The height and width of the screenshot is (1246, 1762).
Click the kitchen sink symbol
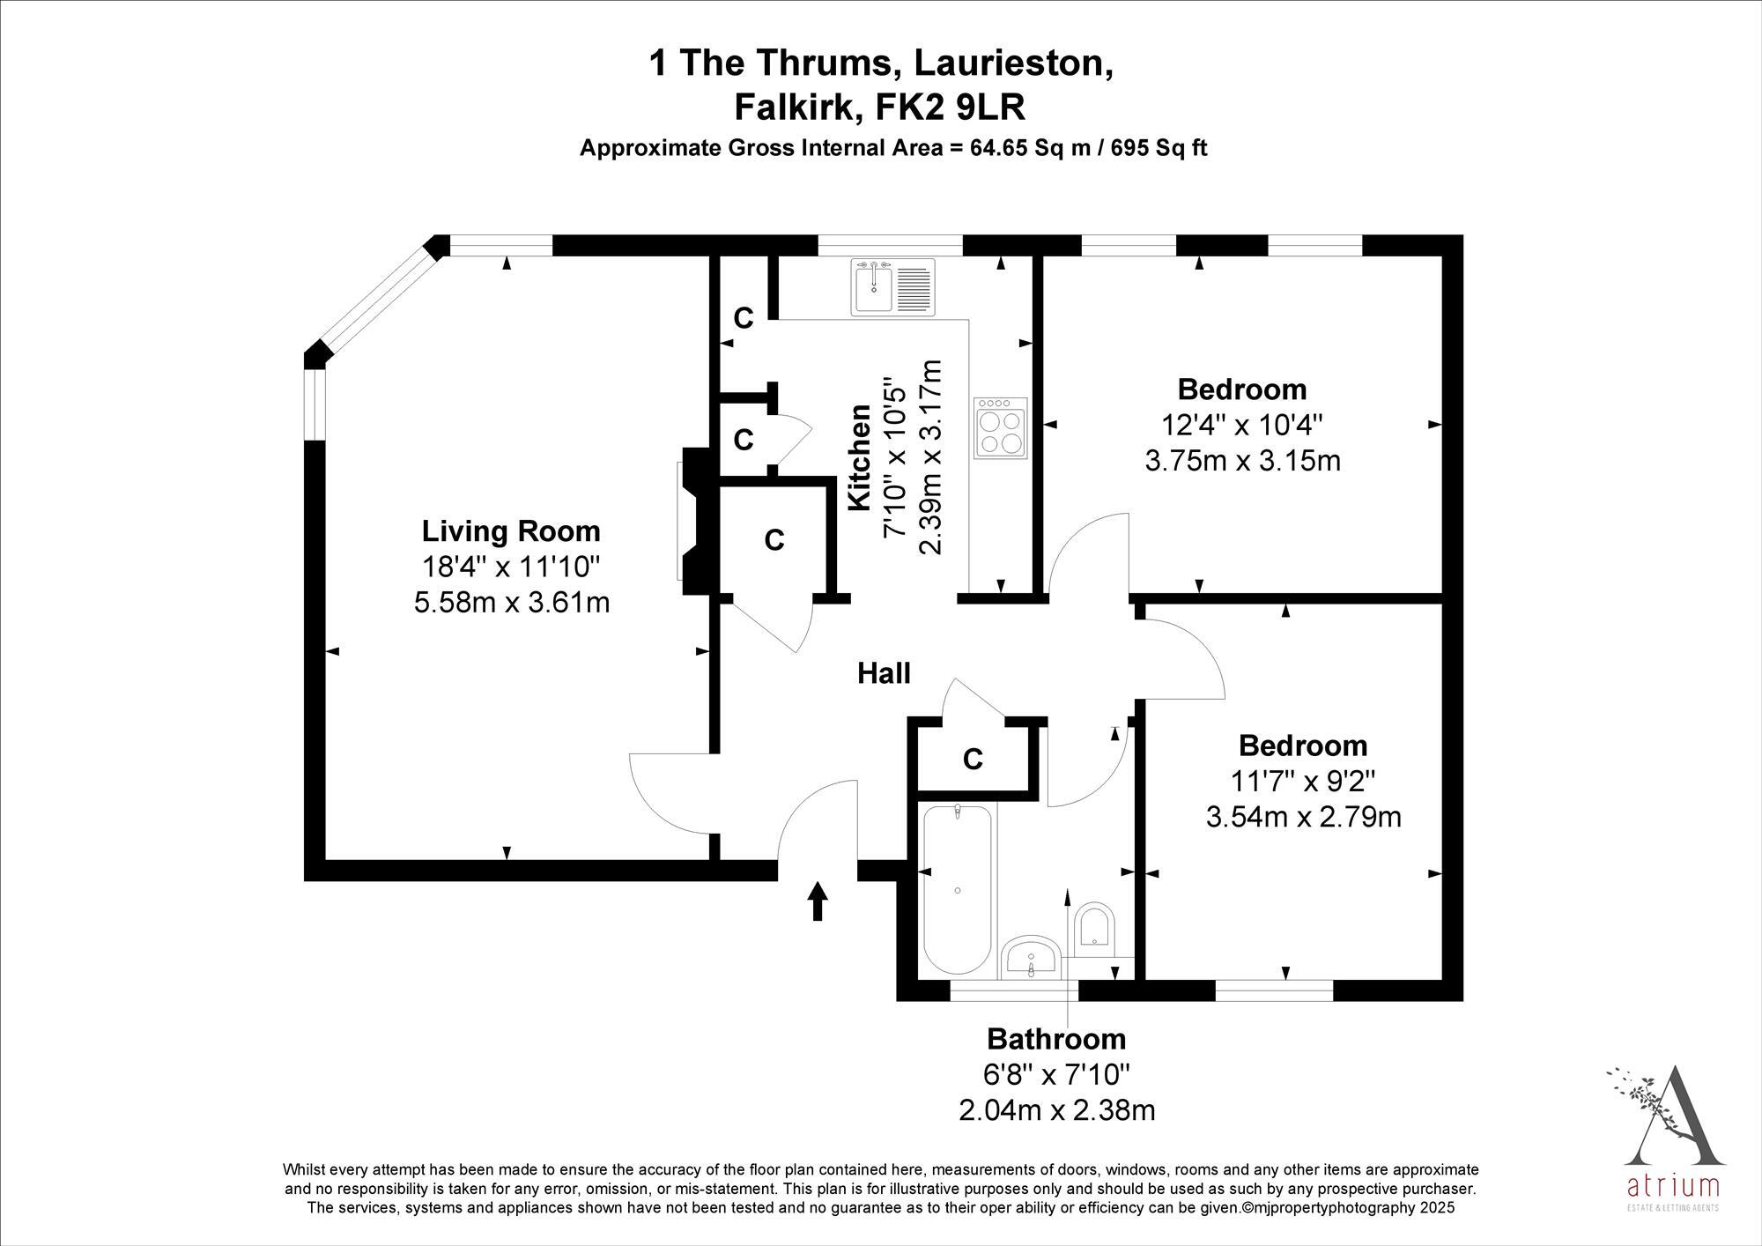(892, 287)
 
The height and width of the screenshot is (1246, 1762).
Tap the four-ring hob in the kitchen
(1001, 427)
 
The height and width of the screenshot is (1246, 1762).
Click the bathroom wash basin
(1033, 957)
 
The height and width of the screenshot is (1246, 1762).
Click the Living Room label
(511, 531)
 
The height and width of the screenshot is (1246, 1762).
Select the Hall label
(884, 674)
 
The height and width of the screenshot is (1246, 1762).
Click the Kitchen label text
(860, 457)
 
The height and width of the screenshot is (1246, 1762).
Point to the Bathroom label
(1056, 1039)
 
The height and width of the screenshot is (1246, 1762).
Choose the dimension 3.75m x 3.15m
(1242, 460)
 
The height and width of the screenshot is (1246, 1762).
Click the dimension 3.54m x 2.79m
(1303, 817)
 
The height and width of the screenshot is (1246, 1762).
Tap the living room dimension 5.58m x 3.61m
(512, 603)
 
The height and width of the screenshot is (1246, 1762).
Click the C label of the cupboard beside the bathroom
(973, 759)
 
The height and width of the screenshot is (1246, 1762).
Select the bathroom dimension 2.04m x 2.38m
(1056, 1109)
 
